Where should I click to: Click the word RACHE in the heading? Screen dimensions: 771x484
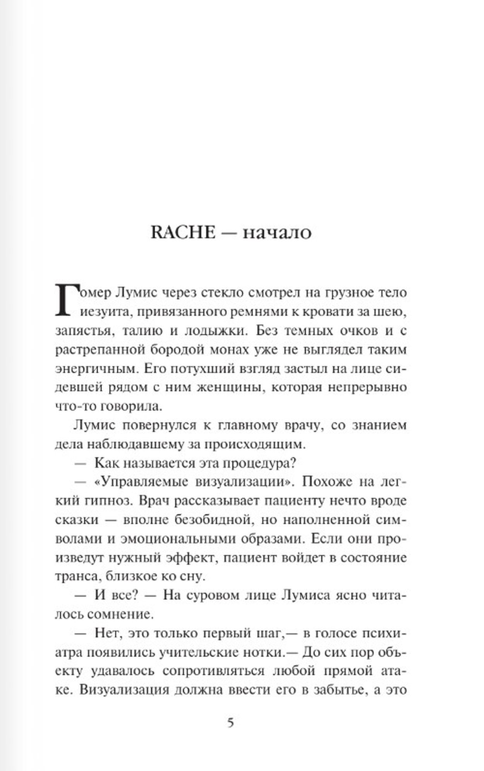(x=183, y=232)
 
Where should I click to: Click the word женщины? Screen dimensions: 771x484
(x=219, y=387)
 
